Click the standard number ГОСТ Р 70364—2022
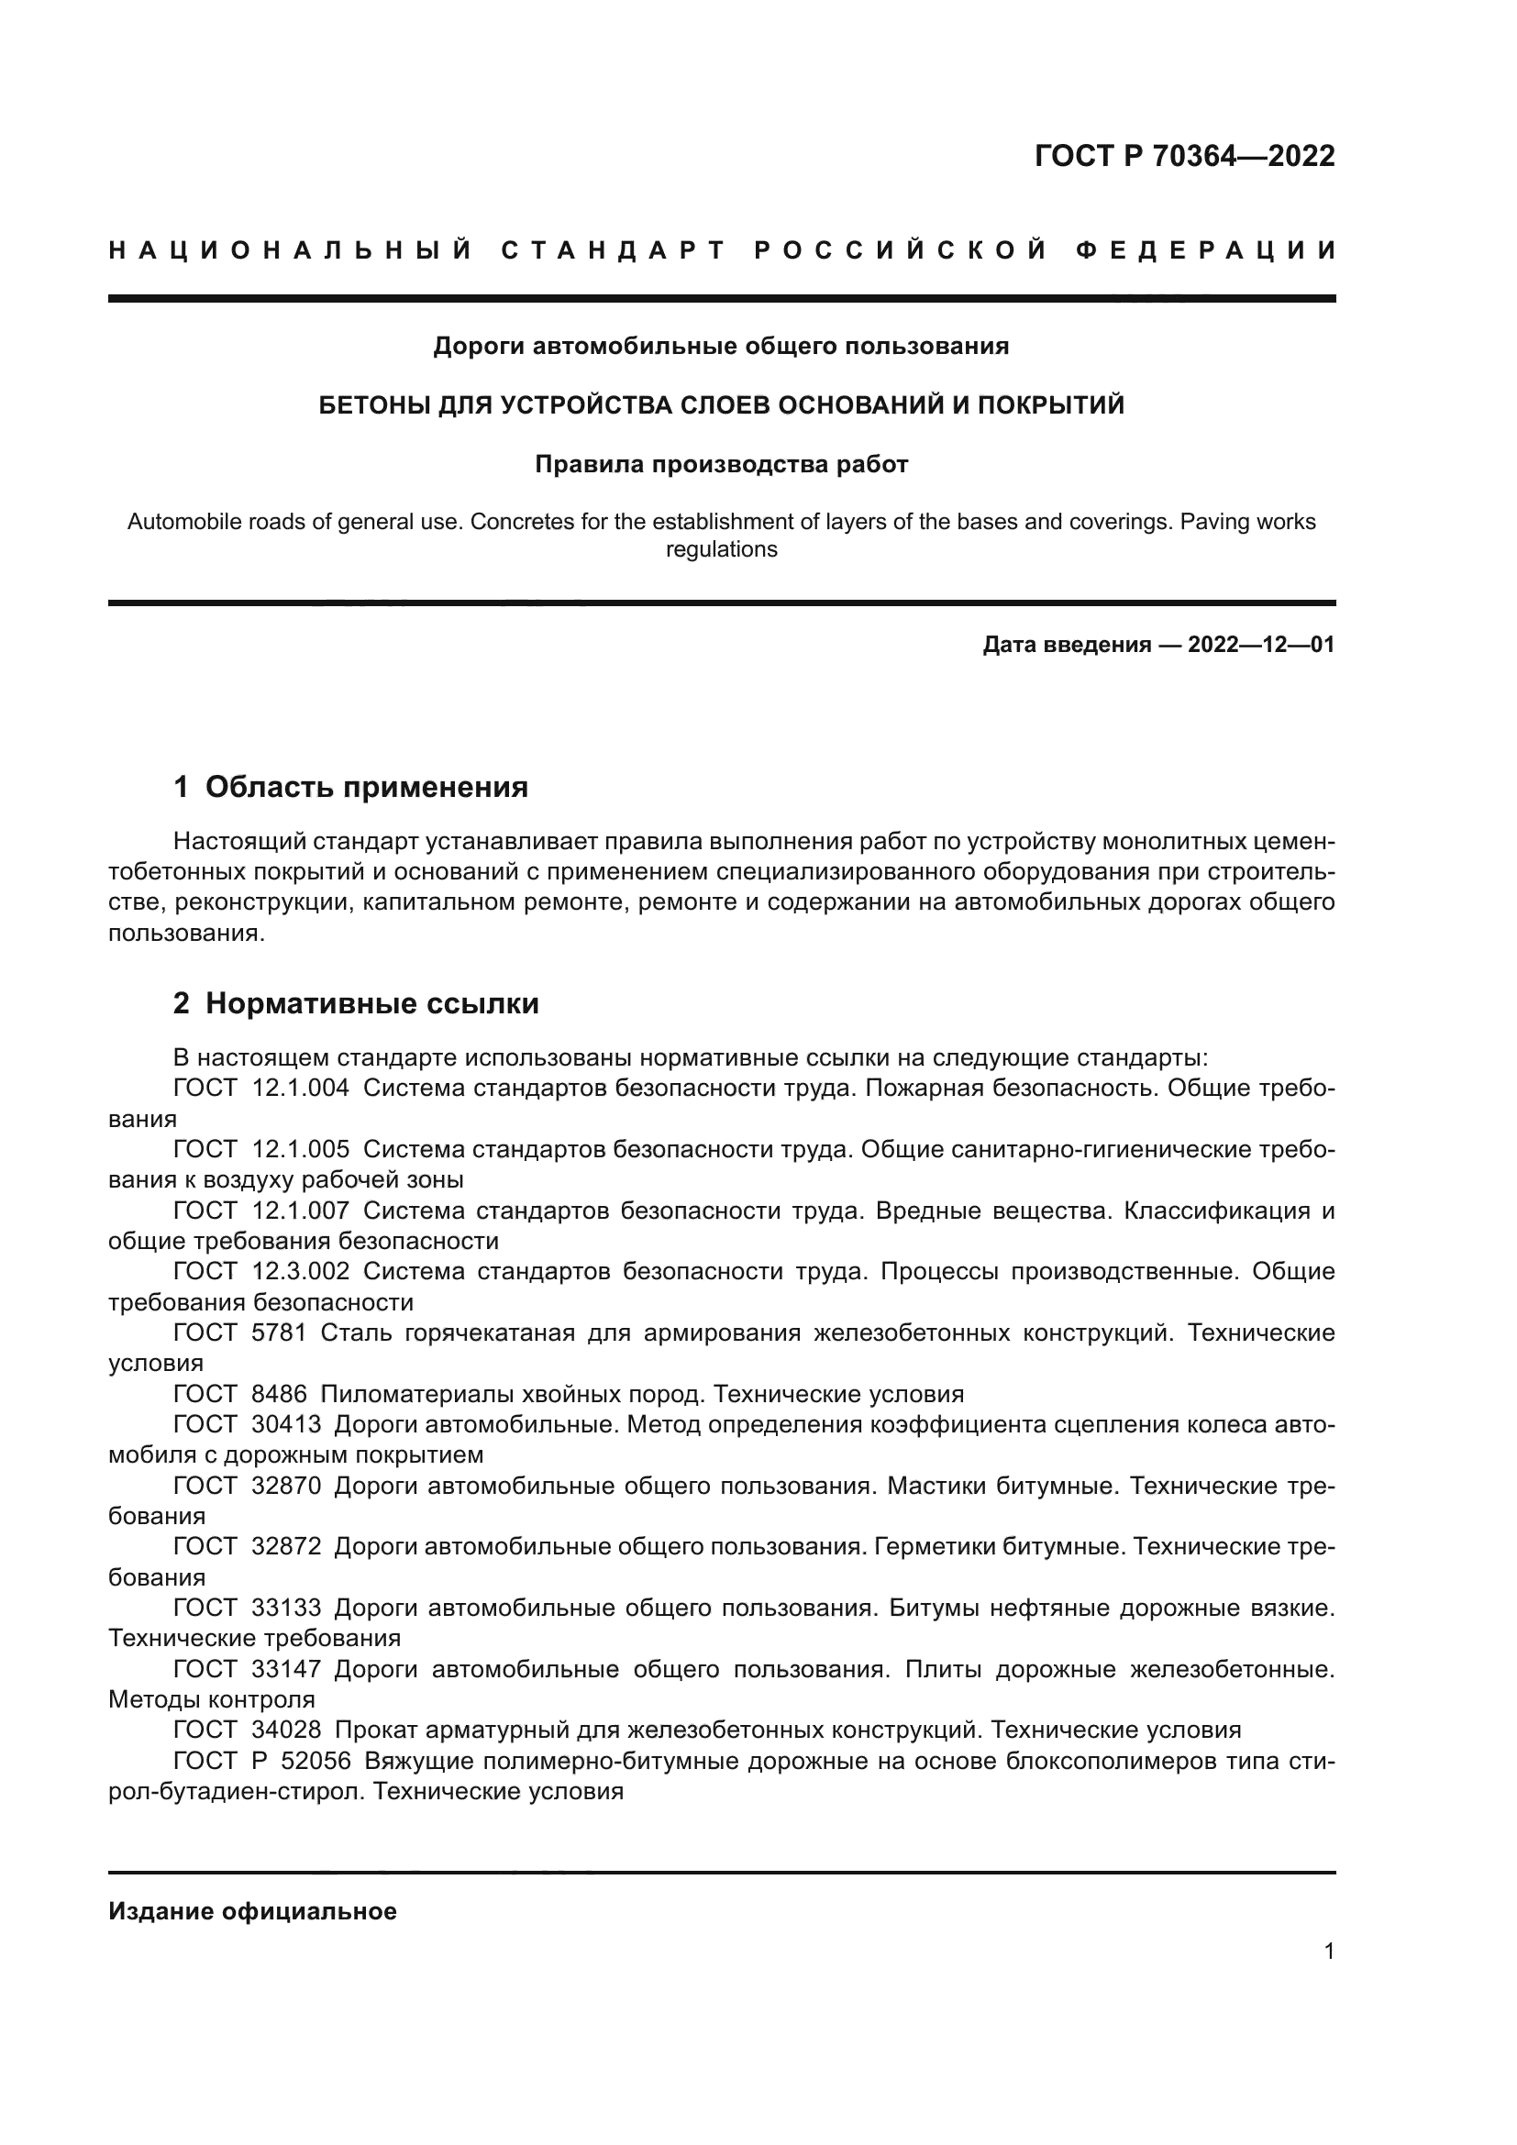click(x=1184, y=156)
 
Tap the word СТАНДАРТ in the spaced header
click(x=614, y=250)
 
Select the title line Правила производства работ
click(x=721, y=464)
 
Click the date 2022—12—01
click(x=1261, y=645)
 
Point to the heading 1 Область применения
click(x=350, y=788)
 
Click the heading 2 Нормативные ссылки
click(x=356, y=1004)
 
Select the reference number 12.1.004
click(x=301, y=1089)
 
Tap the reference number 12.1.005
click(x=301, y=1149)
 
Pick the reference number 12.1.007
click(x=301, y=1211)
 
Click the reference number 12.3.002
click(x=301, y=1271)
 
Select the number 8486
click(x=280, y=1395)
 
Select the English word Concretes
click(x=519, y=521)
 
